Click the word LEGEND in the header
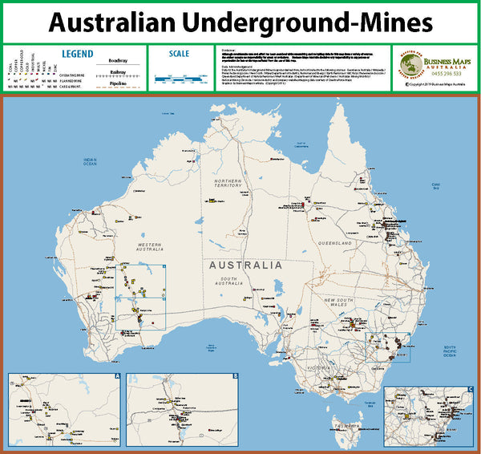(x=79, y=54)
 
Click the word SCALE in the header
(x=180, y=54)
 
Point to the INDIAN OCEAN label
(x=90, y=162)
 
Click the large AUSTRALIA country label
(x=245, y=265)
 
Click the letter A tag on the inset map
(x=117, y=375)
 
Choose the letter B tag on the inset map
(x=235, y=375)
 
